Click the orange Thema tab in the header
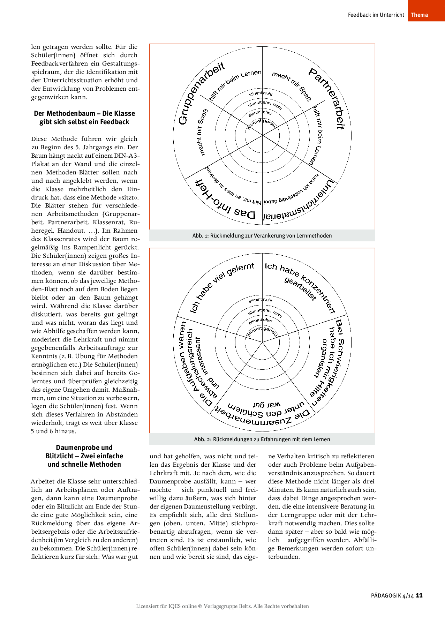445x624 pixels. pos(419,15)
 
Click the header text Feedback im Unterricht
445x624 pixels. pos(376,15)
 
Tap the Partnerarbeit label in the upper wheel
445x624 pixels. pos(328,98)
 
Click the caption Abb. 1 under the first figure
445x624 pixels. pos(262,236)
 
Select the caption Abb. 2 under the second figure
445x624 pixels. pos(262,439)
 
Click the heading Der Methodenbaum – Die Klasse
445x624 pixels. pos(84,114)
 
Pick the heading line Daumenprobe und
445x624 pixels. pos(84,448)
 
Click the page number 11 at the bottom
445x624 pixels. pos(419,595)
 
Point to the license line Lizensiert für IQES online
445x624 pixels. pos(222,606)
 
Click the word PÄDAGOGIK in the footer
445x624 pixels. pos(386,596)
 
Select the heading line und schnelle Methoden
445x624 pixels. pos(84,464)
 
